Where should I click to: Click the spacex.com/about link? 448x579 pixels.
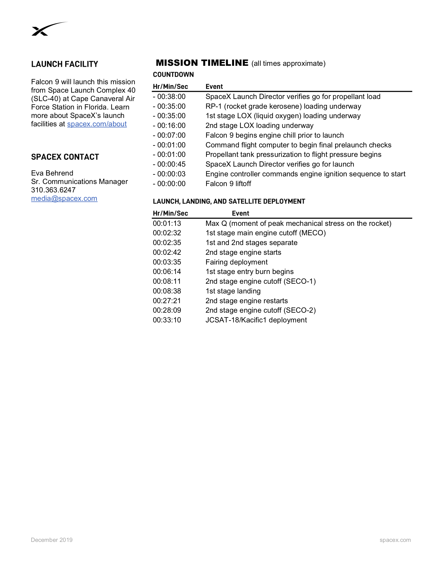tap(97, 124)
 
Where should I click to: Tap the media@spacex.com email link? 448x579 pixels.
tap(64, 198)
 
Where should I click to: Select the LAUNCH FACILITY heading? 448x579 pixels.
tap(65, 64)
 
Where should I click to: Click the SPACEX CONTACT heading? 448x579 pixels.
tap(65, 157)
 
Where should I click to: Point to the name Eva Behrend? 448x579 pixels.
tap(52, 173)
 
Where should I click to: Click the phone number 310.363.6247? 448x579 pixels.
tap(53, 190)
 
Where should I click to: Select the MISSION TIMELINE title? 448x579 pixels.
tap(202, 63)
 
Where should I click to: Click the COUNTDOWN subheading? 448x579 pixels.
tap(173, 75)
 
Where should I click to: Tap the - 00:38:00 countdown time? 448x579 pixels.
tap(169, 97)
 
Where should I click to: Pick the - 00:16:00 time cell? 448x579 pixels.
tap(169, 126)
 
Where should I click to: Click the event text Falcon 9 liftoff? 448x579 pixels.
tap(228, 184)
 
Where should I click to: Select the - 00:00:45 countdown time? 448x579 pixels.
tap(169, 164)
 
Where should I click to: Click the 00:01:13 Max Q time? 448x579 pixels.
tap(167, 223)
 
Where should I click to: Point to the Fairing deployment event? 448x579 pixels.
tap(236, 262)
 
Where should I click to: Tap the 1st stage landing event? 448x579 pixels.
tap(233, 291)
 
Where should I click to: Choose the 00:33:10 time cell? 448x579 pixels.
tap(167, 320)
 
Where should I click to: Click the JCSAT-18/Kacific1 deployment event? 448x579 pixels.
tap(256, 320)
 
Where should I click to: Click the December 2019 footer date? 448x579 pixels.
tap(52, 540)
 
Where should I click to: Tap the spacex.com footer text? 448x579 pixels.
tap(395, 540)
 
